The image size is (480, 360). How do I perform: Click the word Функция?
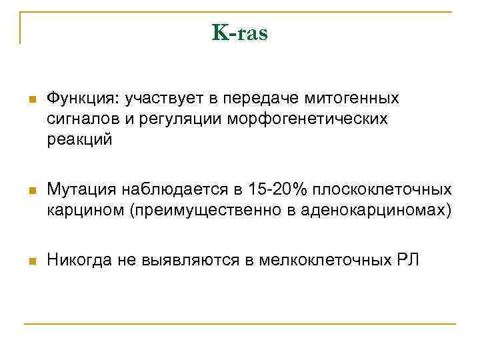[79, 99]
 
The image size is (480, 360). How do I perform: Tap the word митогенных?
[351, 99]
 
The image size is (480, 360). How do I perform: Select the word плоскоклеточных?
[386, 191]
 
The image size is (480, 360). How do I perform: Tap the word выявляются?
[189, 260]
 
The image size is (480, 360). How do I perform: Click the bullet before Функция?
[31, 100]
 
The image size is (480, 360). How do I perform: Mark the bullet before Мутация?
[31, 192]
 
